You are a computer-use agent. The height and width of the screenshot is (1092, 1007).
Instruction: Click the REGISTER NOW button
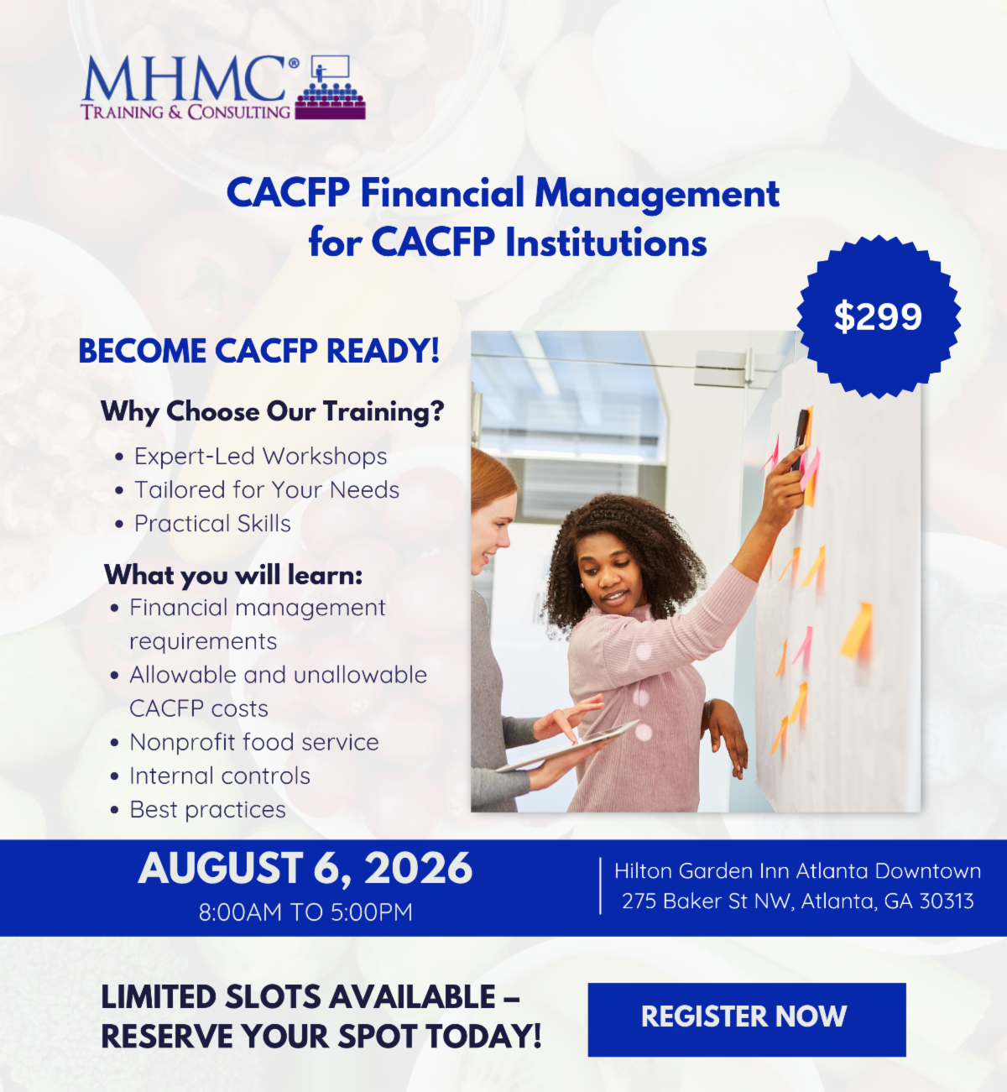(746, 1020)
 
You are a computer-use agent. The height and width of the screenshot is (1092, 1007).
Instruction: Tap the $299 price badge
(879, 316)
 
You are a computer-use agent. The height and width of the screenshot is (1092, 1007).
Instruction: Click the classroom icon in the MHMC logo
(330, 87)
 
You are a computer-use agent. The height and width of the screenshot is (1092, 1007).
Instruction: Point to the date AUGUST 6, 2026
(305, 868)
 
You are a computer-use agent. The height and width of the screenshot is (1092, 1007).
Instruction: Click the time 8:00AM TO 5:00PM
(305, 912)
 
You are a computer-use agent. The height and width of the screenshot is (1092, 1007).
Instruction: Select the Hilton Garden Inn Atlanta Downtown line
(797, 871)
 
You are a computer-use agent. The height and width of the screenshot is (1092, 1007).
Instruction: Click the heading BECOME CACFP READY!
(259, 351)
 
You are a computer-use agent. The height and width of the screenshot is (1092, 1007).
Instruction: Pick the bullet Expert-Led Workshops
(261, 457)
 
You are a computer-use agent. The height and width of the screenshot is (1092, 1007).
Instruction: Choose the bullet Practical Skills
(212, 524)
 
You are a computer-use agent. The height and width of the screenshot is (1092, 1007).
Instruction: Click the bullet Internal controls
(220, 776)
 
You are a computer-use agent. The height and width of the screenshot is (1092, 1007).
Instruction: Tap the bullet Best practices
(208, 810)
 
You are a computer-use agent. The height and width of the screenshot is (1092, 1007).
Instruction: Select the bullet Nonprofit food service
(254, 742)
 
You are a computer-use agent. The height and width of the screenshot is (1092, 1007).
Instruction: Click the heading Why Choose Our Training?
(272, 411)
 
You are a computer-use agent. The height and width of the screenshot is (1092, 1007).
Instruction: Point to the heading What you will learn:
(233, 575)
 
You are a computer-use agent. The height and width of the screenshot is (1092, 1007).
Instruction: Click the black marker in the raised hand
(800, 440)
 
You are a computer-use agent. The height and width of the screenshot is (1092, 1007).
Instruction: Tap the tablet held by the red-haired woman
(569, 745)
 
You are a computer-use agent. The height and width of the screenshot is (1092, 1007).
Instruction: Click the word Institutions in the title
(606, 243)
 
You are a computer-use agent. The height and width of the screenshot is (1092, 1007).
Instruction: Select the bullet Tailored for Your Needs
(267, 490)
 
